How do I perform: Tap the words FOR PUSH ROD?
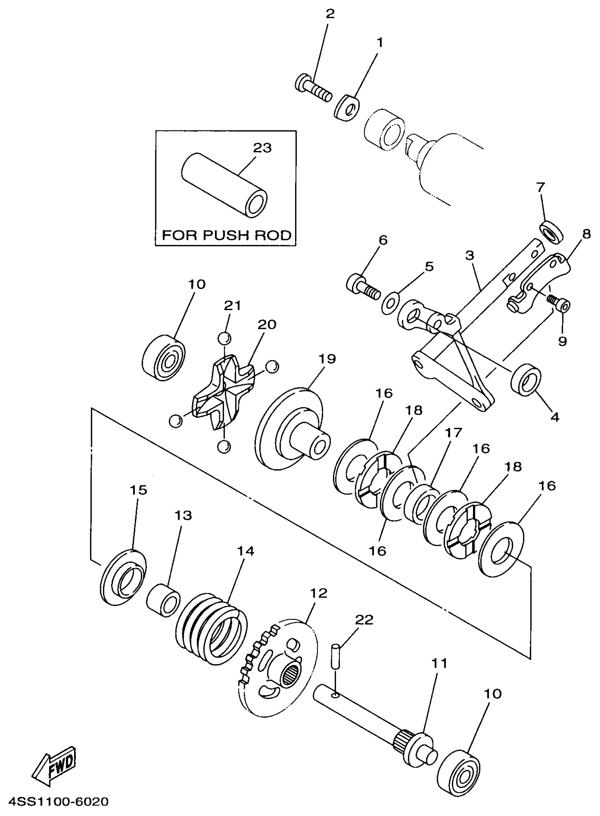226,235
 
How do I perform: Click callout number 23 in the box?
262,148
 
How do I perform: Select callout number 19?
327,359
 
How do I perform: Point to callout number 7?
540,188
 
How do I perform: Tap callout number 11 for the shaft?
439,663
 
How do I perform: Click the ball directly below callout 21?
224,338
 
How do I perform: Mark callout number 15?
138,490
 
